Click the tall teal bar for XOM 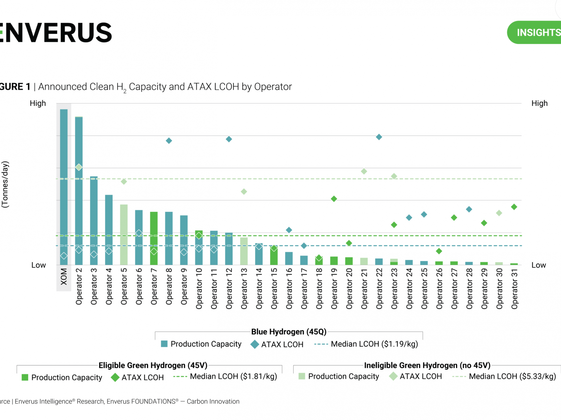tap(64, 187)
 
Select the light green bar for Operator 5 tap(124, 234)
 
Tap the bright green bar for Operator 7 tap(154, 238)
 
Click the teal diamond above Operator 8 tap(169, 141)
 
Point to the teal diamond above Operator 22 tap(379, 137)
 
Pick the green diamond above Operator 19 tap(334, 199)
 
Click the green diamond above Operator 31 tap(514, 207)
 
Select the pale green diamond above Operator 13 tap(244, 192)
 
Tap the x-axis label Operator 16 tap(289, 289)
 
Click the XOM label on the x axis tap(64, 277)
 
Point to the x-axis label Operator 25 tap(424, 289)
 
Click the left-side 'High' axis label tap(38, 103)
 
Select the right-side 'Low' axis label tap(539, 265)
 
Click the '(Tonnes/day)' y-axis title tap(5, 184)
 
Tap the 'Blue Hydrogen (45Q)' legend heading tap(289, 332)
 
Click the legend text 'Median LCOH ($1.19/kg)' tap(374, 344)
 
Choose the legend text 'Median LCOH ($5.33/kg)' tap(512, 376)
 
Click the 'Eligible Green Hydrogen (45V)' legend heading tap(153, 365)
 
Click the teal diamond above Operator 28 tap(469, 209)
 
